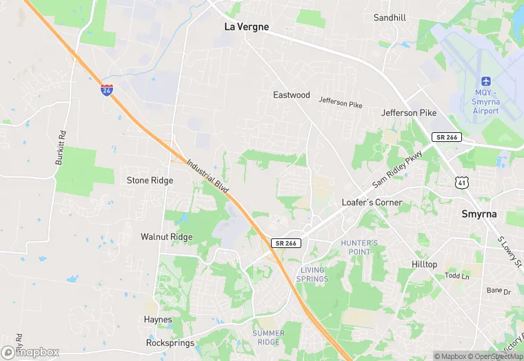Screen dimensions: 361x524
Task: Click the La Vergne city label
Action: (247, 27)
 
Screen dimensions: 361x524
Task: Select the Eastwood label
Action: (292, 95)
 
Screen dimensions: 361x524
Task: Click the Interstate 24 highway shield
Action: (106, 90)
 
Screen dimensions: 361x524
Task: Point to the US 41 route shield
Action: (462, 181)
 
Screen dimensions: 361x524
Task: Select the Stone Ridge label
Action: (150, 180)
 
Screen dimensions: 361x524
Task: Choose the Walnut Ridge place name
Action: (166, 237)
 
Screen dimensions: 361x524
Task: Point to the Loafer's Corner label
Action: (372, 203)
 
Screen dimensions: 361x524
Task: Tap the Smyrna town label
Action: (478, 214)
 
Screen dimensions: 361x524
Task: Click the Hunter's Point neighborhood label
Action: (359, 247)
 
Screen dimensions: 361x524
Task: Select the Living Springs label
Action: (312, 274)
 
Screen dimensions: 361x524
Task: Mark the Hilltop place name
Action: (424, 265)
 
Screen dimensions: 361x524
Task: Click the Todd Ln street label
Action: (456, 276)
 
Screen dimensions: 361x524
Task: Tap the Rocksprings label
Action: (166, 342)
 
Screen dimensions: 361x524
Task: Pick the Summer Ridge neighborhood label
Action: (268, 338)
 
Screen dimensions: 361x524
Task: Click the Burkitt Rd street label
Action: (61, 147)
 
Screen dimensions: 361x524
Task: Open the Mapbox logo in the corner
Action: (30, 352)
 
